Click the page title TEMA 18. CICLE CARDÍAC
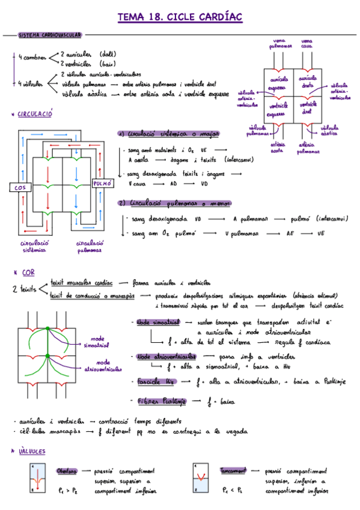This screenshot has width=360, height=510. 180,17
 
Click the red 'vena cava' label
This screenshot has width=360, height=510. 306,44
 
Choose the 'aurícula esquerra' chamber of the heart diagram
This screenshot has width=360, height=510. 278,82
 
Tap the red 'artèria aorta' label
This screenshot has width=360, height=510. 278,148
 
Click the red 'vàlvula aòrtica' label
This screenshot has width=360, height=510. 329,131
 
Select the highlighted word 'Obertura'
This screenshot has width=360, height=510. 67,471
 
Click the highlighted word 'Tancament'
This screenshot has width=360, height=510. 233,471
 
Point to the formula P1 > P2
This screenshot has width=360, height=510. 67,491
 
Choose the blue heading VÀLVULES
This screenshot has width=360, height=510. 32,451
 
